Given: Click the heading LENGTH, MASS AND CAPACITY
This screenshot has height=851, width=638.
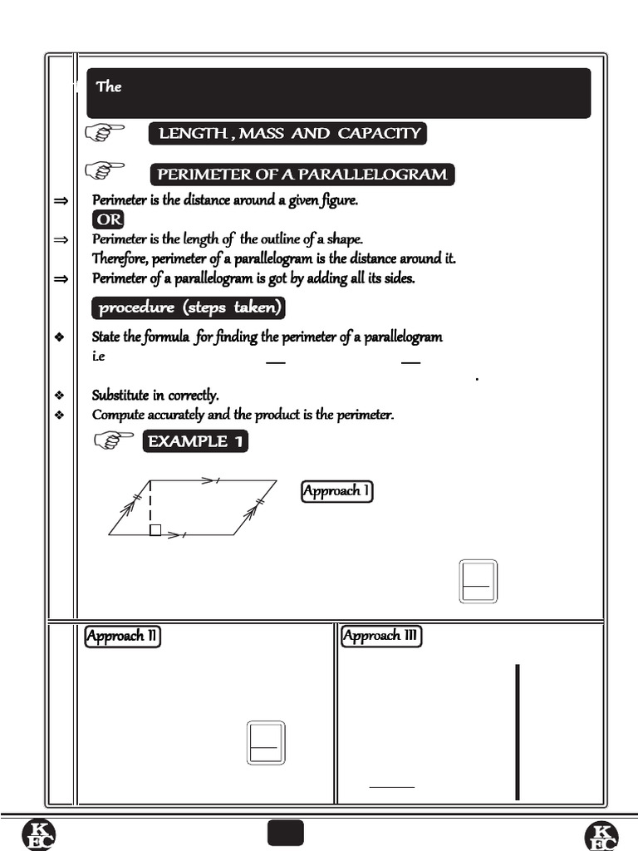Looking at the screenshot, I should click(x=287, y=134).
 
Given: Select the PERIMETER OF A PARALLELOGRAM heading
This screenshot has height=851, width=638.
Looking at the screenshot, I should click(x=302, y=175).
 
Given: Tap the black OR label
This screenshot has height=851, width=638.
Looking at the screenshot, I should click(x=109, y=219).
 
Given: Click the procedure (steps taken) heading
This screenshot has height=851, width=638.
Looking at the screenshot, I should click(x=189, y=308).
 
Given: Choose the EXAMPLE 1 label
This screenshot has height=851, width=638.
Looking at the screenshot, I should click(x=196, y=441).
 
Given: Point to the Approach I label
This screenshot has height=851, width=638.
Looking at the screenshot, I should click(x=336, y=491).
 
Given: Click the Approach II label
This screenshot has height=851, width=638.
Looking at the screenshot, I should click(x=123, y=637).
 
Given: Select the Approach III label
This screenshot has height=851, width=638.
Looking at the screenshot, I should click(x=381, y=637).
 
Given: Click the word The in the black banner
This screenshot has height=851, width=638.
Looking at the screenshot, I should click(x=109, y=86).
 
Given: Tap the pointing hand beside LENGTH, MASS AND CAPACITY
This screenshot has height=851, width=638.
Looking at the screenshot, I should click(x=105, y=132).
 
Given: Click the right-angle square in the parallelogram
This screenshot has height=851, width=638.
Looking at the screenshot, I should click(x=155, y=530).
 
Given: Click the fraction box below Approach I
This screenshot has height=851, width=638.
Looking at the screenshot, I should click(x=478, y=581).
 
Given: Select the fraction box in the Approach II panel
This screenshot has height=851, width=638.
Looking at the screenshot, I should click(x=266, y=743).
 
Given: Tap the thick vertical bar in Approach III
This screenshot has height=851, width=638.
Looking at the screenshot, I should click(x=518, y=731).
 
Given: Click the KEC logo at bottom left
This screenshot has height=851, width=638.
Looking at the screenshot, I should click(x=38, y=834).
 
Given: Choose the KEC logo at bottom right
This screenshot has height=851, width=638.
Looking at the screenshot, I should click(x=601, y=834).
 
